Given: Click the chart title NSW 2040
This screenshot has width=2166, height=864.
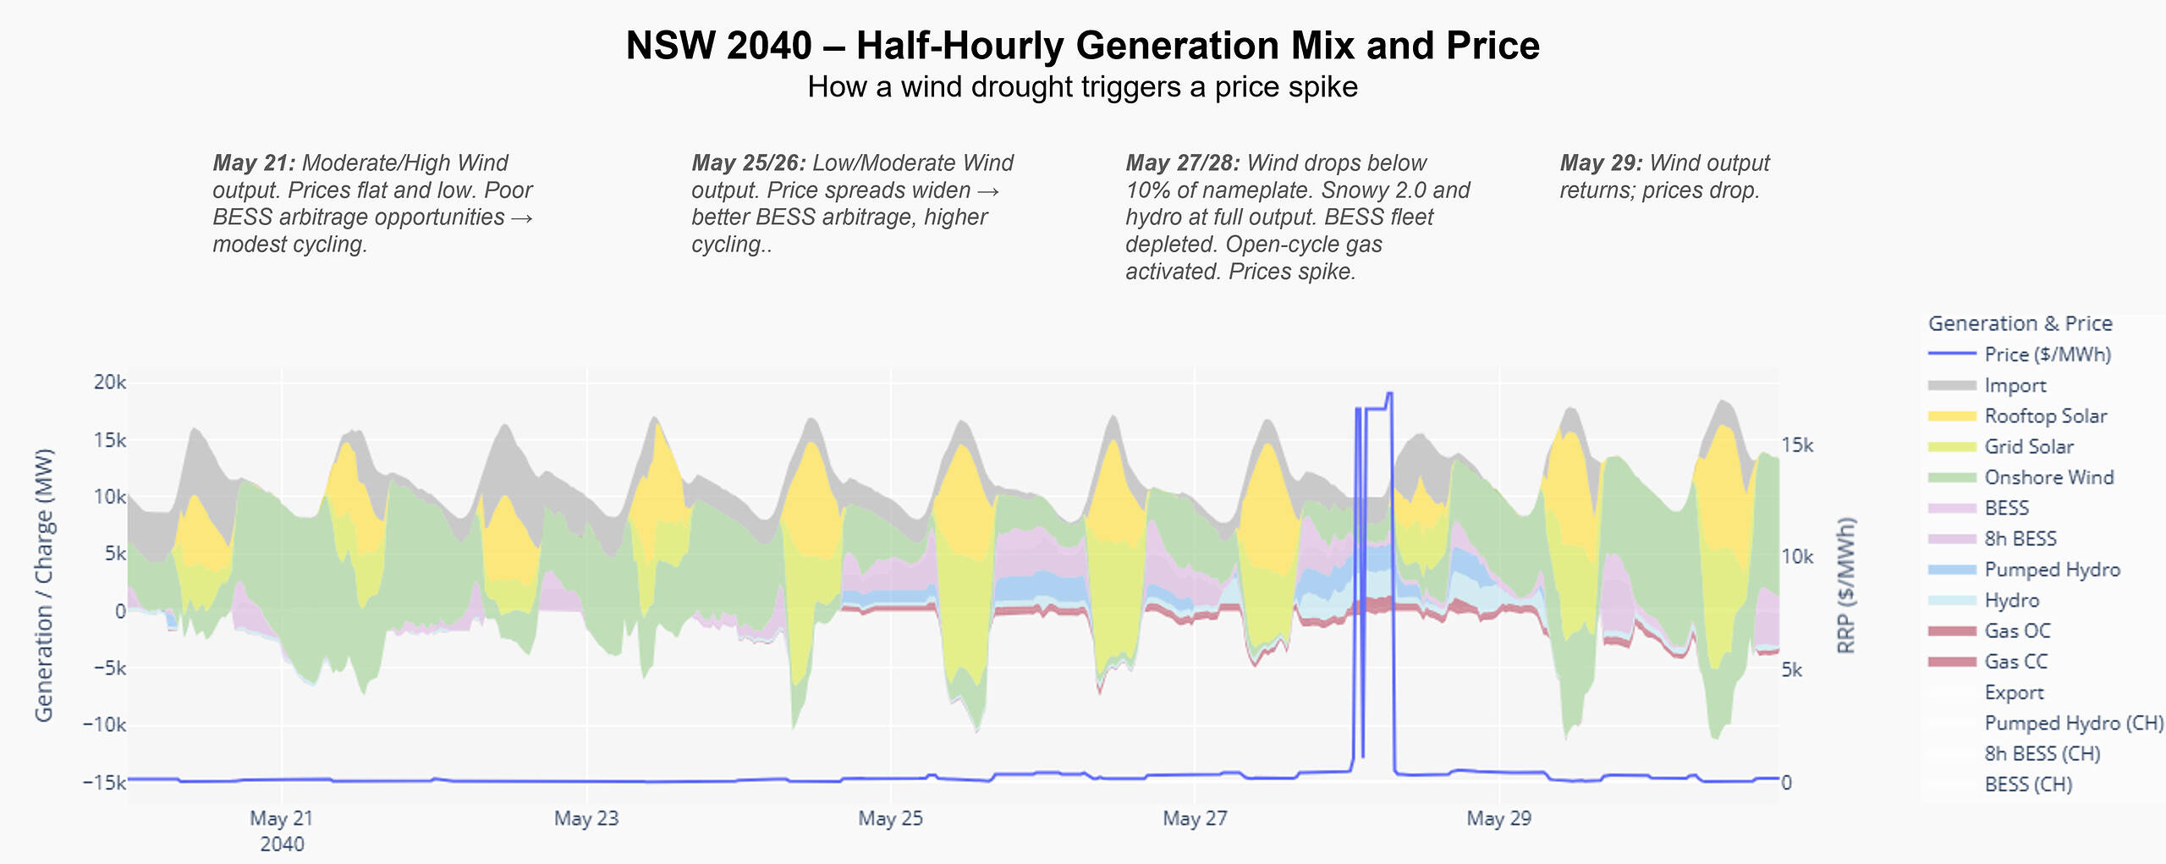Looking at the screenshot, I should [x=1082, y=46].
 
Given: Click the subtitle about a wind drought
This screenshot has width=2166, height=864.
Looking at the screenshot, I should [x=1082, y=87].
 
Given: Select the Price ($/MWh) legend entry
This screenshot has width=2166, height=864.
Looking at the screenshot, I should [x=2047, y=355].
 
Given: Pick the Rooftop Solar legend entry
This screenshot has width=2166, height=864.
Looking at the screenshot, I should [x=2045, y=416].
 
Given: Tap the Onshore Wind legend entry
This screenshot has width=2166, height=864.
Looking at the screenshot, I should [x=2048, y=477].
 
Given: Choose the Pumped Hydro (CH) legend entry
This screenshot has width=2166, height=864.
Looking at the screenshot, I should [x=2073, y=724].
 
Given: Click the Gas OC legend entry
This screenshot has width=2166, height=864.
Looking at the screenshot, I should [x=2017, y=631].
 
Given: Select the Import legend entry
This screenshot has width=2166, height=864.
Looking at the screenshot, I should [x=2015, y=386].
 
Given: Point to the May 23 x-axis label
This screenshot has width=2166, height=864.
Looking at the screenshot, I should [x=586, y=818].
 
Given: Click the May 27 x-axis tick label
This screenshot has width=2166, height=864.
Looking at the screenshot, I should [x=1195, y=818].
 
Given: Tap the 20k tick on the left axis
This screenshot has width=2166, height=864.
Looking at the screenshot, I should [x=110, y=382].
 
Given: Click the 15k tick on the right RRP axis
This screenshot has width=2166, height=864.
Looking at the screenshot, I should [x=1797, y=446].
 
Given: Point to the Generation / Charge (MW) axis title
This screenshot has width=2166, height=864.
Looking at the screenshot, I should [x=44, y=584].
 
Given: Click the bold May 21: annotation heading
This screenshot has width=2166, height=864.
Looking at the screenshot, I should [x=254, y=163].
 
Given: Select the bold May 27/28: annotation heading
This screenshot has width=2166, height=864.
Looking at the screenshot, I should [x=1183, y=163].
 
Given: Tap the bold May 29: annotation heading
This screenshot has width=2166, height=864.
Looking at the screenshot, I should [x=1601, y=163].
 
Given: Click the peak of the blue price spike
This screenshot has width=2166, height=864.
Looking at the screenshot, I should [x=1389, y=393].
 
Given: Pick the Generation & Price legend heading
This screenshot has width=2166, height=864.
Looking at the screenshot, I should [x=2020, y=323].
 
